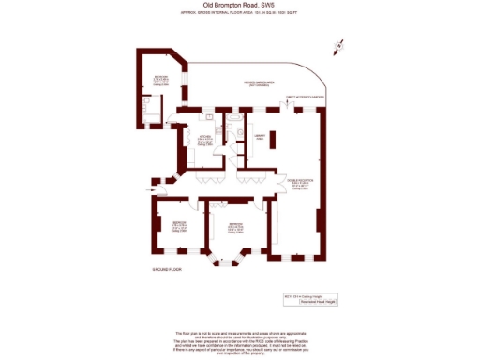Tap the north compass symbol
tap(340, 45)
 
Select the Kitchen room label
tap(203, 140)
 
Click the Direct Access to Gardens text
tap(306, 96)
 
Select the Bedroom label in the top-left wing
tap(161, 79)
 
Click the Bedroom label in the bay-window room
tap(234, 226)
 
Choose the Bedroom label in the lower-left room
tap(178, 225)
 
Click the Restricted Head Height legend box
tap(319, 303)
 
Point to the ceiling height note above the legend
tap(319, 294)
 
